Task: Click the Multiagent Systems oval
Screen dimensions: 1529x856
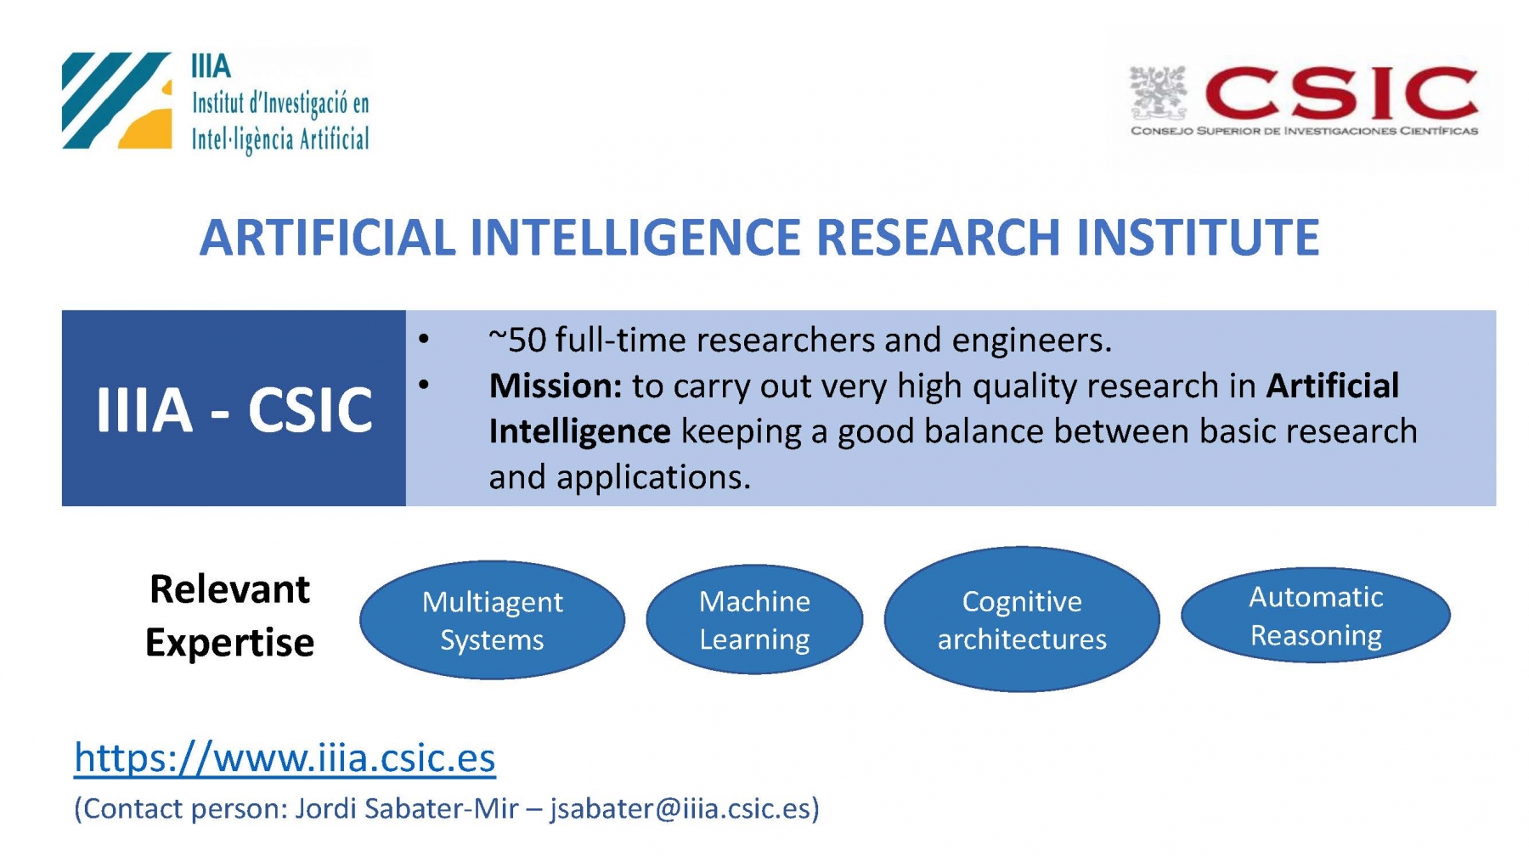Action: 492,620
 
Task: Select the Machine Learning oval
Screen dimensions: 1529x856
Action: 754,620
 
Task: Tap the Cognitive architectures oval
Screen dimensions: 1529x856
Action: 1022,619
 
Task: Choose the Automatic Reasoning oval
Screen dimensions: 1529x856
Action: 1316,616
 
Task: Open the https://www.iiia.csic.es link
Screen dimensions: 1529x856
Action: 285,757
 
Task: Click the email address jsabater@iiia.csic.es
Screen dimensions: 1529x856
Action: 680,808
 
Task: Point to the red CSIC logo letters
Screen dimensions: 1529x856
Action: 1341,94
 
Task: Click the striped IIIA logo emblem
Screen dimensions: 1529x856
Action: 116,100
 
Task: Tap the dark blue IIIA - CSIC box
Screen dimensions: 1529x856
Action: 234,408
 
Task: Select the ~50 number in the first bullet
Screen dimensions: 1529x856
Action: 517,341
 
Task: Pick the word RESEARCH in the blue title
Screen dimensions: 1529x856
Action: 938,237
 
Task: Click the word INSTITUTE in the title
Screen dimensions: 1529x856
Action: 1198,237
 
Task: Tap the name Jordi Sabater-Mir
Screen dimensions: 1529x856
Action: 406,808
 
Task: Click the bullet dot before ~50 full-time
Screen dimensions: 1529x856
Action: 424,341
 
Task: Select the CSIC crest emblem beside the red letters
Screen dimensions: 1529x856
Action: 1158,93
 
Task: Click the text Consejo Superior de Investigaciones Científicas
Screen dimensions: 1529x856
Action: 1304,131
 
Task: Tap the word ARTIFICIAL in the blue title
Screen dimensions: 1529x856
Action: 328,237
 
